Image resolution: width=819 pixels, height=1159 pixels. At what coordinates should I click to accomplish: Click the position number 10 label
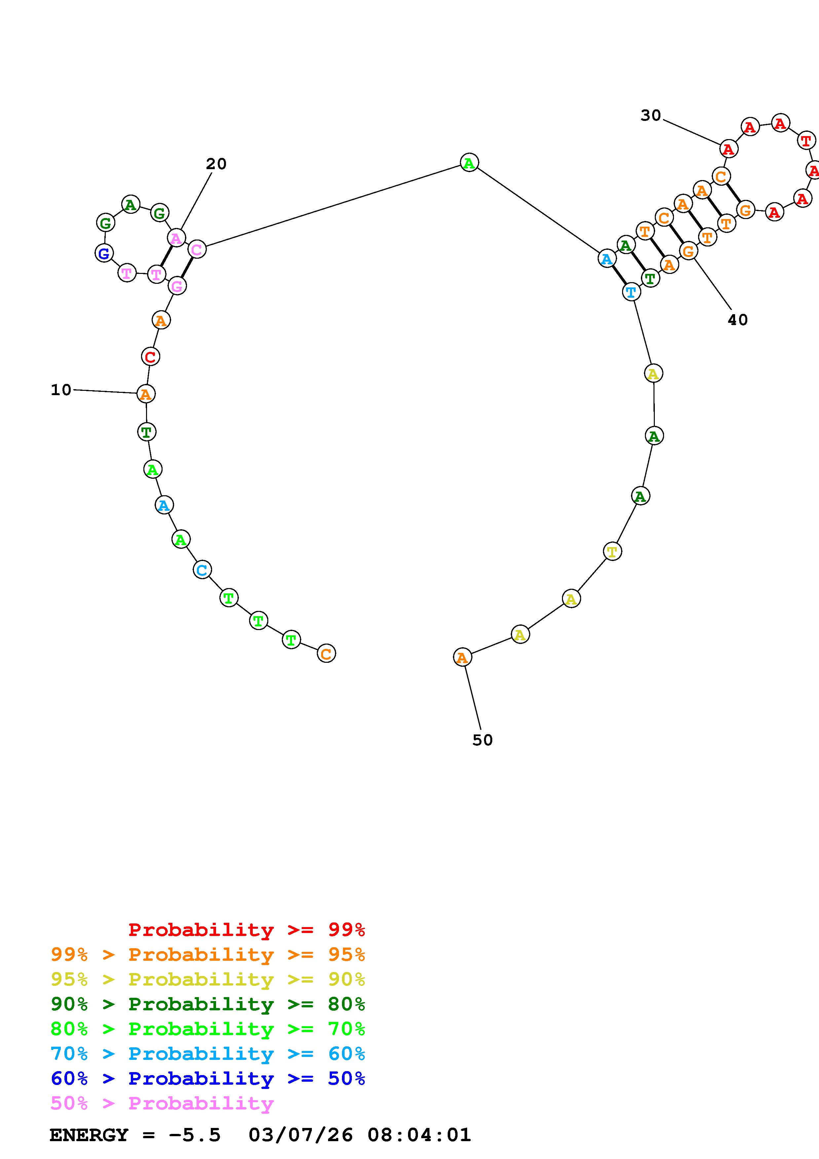pos(61,390)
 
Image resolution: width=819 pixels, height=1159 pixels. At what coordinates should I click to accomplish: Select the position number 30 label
pos(651,116)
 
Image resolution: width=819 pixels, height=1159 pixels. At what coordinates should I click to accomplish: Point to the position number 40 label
pos(737,319)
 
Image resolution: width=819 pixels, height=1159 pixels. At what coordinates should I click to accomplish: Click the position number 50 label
pos(482,740)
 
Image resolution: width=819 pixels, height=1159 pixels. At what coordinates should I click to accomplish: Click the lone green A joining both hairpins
pos(469,163)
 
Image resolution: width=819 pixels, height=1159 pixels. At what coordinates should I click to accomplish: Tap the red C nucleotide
pos(150,356)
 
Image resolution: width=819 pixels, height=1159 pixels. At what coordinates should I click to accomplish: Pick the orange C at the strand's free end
pos(326,654)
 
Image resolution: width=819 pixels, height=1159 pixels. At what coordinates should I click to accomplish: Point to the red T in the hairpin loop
pos(806,140)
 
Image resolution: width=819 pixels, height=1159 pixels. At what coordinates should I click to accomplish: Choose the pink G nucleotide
pos(177,286)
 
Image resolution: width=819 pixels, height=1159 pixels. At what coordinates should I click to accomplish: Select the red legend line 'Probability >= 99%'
pos(246,930)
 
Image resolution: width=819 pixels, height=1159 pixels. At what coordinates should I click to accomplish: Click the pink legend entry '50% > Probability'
pos(162,1103)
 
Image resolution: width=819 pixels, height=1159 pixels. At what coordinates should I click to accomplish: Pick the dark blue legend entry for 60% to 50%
pos(207,1079)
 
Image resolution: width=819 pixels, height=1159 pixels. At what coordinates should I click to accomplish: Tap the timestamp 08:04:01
pos(419,1135)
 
